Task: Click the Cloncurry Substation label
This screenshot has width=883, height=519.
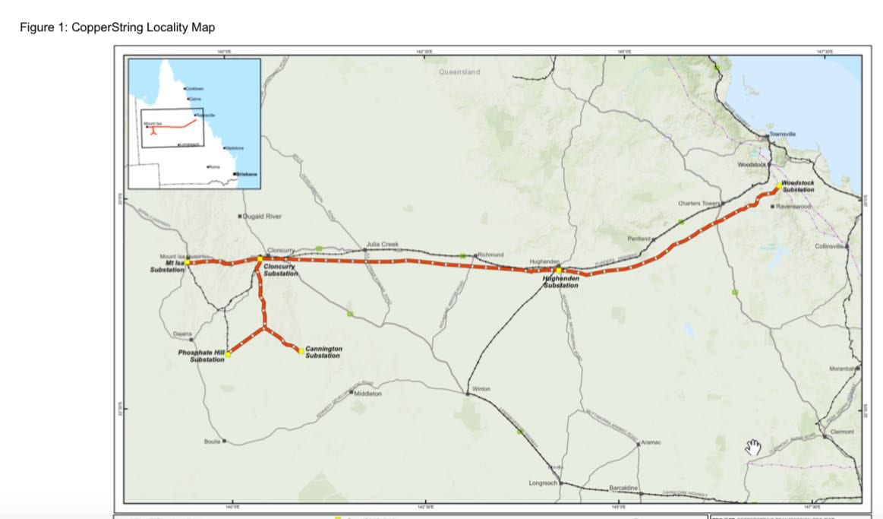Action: point(280,270)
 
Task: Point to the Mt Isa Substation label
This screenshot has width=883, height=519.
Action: point(167,266)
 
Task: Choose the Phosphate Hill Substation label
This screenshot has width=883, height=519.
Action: point(207,356)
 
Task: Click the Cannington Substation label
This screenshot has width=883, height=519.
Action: point(323,352)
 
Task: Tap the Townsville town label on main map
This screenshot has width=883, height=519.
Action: point(782,134)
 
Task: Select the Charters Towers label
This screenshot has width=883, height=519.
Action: point(699,204)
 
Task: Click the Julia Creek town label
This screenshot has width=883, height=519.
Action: point(382,244)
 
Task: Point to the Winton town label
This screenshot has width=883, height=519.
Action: point(481,388)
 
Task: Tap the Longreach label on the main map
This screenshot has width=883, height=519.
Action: point(543,483)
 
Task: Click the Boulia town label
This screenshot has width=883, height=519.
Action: point(212,441)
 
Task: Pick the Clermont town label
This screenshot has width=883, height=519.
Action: point(842,432)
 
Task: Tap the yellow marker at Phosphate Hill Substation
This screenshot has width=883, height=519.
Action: point(228,353)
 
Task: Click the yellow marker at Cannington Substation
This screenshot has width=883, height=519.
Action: point(301,350)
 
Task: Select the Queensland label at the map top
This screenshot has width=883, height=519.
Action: point(459,72)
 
